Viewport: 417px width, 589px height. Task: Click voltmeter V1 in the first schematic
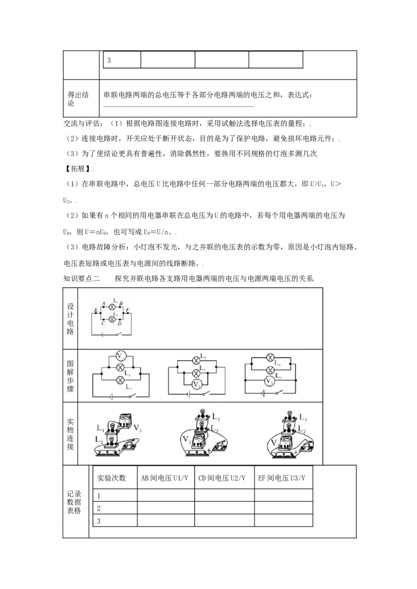pyautogui.click(x=120, y=356)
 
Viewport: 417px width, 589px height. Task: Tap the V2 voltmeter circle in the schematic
pyautogui.click(x=196, y=385)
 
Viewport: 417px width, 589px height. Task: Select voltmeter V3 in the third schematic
pyautogui.click(x=269, y=381)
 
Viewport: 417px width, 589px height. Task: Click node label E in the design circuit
pyautogui.click(x=95, y=310)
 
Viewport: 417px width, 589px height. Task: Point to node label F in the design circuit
pyautogui.click(x=128, y=310)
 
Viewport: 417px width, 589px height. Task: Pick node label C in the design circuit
pyautogui.click(x=103, y=323)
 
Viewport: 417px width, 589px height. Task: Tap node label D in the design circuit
pyautogui.click(x=120, y=323)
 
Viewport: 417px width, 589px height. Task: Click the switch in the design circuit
pyautogui.click(x=118, y=334)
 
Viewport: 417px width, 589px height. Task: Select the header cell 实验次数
pyautogui.click(x=112, y=478)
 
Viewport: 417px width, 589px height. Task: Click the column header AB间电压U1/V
pyautogui.click(x=165, y=478)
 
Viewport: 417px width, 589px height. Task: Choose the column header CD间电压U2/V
pyautogui.click(x=222, y=478)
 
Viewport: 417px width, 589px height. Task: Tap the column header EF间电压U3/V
pyautogui.click(x=281, y=478)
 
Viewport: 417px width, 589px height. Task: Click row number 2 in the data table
pyautogui.click(x=99, y=508)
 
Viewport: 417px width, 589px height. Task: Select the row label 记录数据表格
pyautogui.click(x=74, y=502)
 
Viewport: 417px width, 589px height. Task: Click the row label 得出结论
pyautogui.click(x=78, y=98)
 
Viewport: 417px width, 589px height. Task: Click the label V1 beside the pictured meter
pyautogui.click(x=138, y=428)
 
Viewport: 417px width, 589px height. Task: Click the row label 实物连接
pyautogui.click(x=70, y=434)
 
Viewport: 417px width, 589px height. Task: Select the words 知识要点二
pyautogui.click(x=81, y=279)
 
